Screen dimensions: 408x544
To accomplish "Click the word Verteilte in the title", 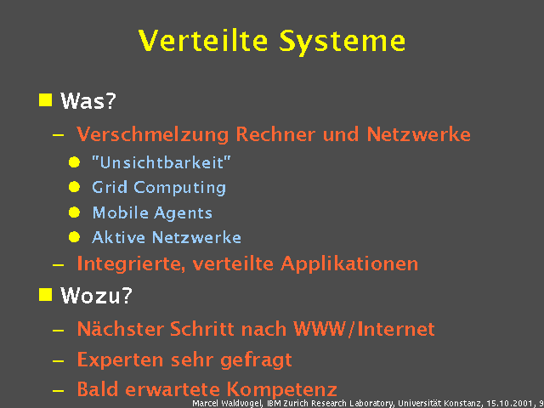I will pos(202,41).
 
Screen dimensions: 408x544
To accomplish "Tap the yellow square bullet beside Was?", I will pos(45,100).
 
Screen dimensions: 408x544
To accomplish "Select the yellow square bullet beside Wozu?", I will pos(45,295).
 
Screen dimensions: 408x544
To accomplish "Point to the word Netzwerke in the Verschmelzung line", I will pos(418,134).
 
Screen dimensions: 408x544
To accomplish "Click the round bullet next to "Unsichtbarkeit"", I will pos(75,161).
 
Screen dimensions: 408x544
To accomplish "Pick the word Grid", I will pos(109,187).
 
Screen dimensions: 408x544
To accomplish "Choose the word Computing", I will pos(179,188).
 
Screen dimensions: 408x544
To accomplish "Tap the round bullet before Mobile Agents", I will pos(75,212).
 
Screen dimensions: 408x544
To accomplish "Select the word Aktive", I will pos(118,237).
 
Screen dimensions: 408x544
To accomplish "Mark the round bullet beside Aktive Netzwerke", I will pos(75,238).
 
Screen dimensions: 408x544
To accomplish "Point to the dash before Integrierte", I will pos(57,264).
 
